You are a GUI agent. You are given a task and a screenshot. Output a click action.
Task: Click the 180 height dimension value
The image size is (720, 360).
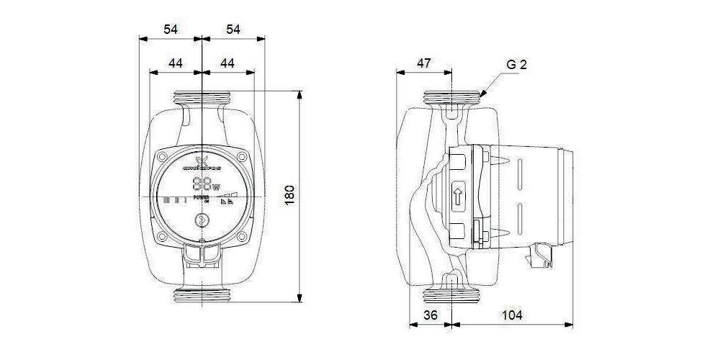coord(291,195)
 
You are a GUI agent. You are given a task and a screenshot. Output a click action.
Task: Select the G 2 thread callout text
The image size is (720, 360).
coord(516,65)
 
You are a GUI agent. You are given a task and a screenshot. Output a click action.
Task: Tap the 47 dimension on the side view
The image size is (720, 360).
coord(424,63)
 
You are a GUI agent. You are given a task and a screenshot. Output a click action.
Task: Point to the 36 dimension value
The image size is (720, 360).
coord(430,315)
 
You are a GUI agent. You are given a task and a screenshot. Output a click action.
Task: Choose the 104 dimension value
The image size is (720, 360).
coord(513,315)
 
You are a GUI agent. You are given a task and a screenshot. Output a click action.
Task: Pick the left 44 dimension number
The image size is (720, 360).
coord(175,63)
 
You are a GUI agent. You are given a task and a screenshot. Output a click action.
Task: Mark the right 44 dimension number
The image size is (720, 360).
coord(228,63)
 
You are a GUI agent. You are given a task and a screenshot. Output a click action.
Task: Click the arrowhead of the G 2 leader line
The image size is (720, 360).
coord(481,94)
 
